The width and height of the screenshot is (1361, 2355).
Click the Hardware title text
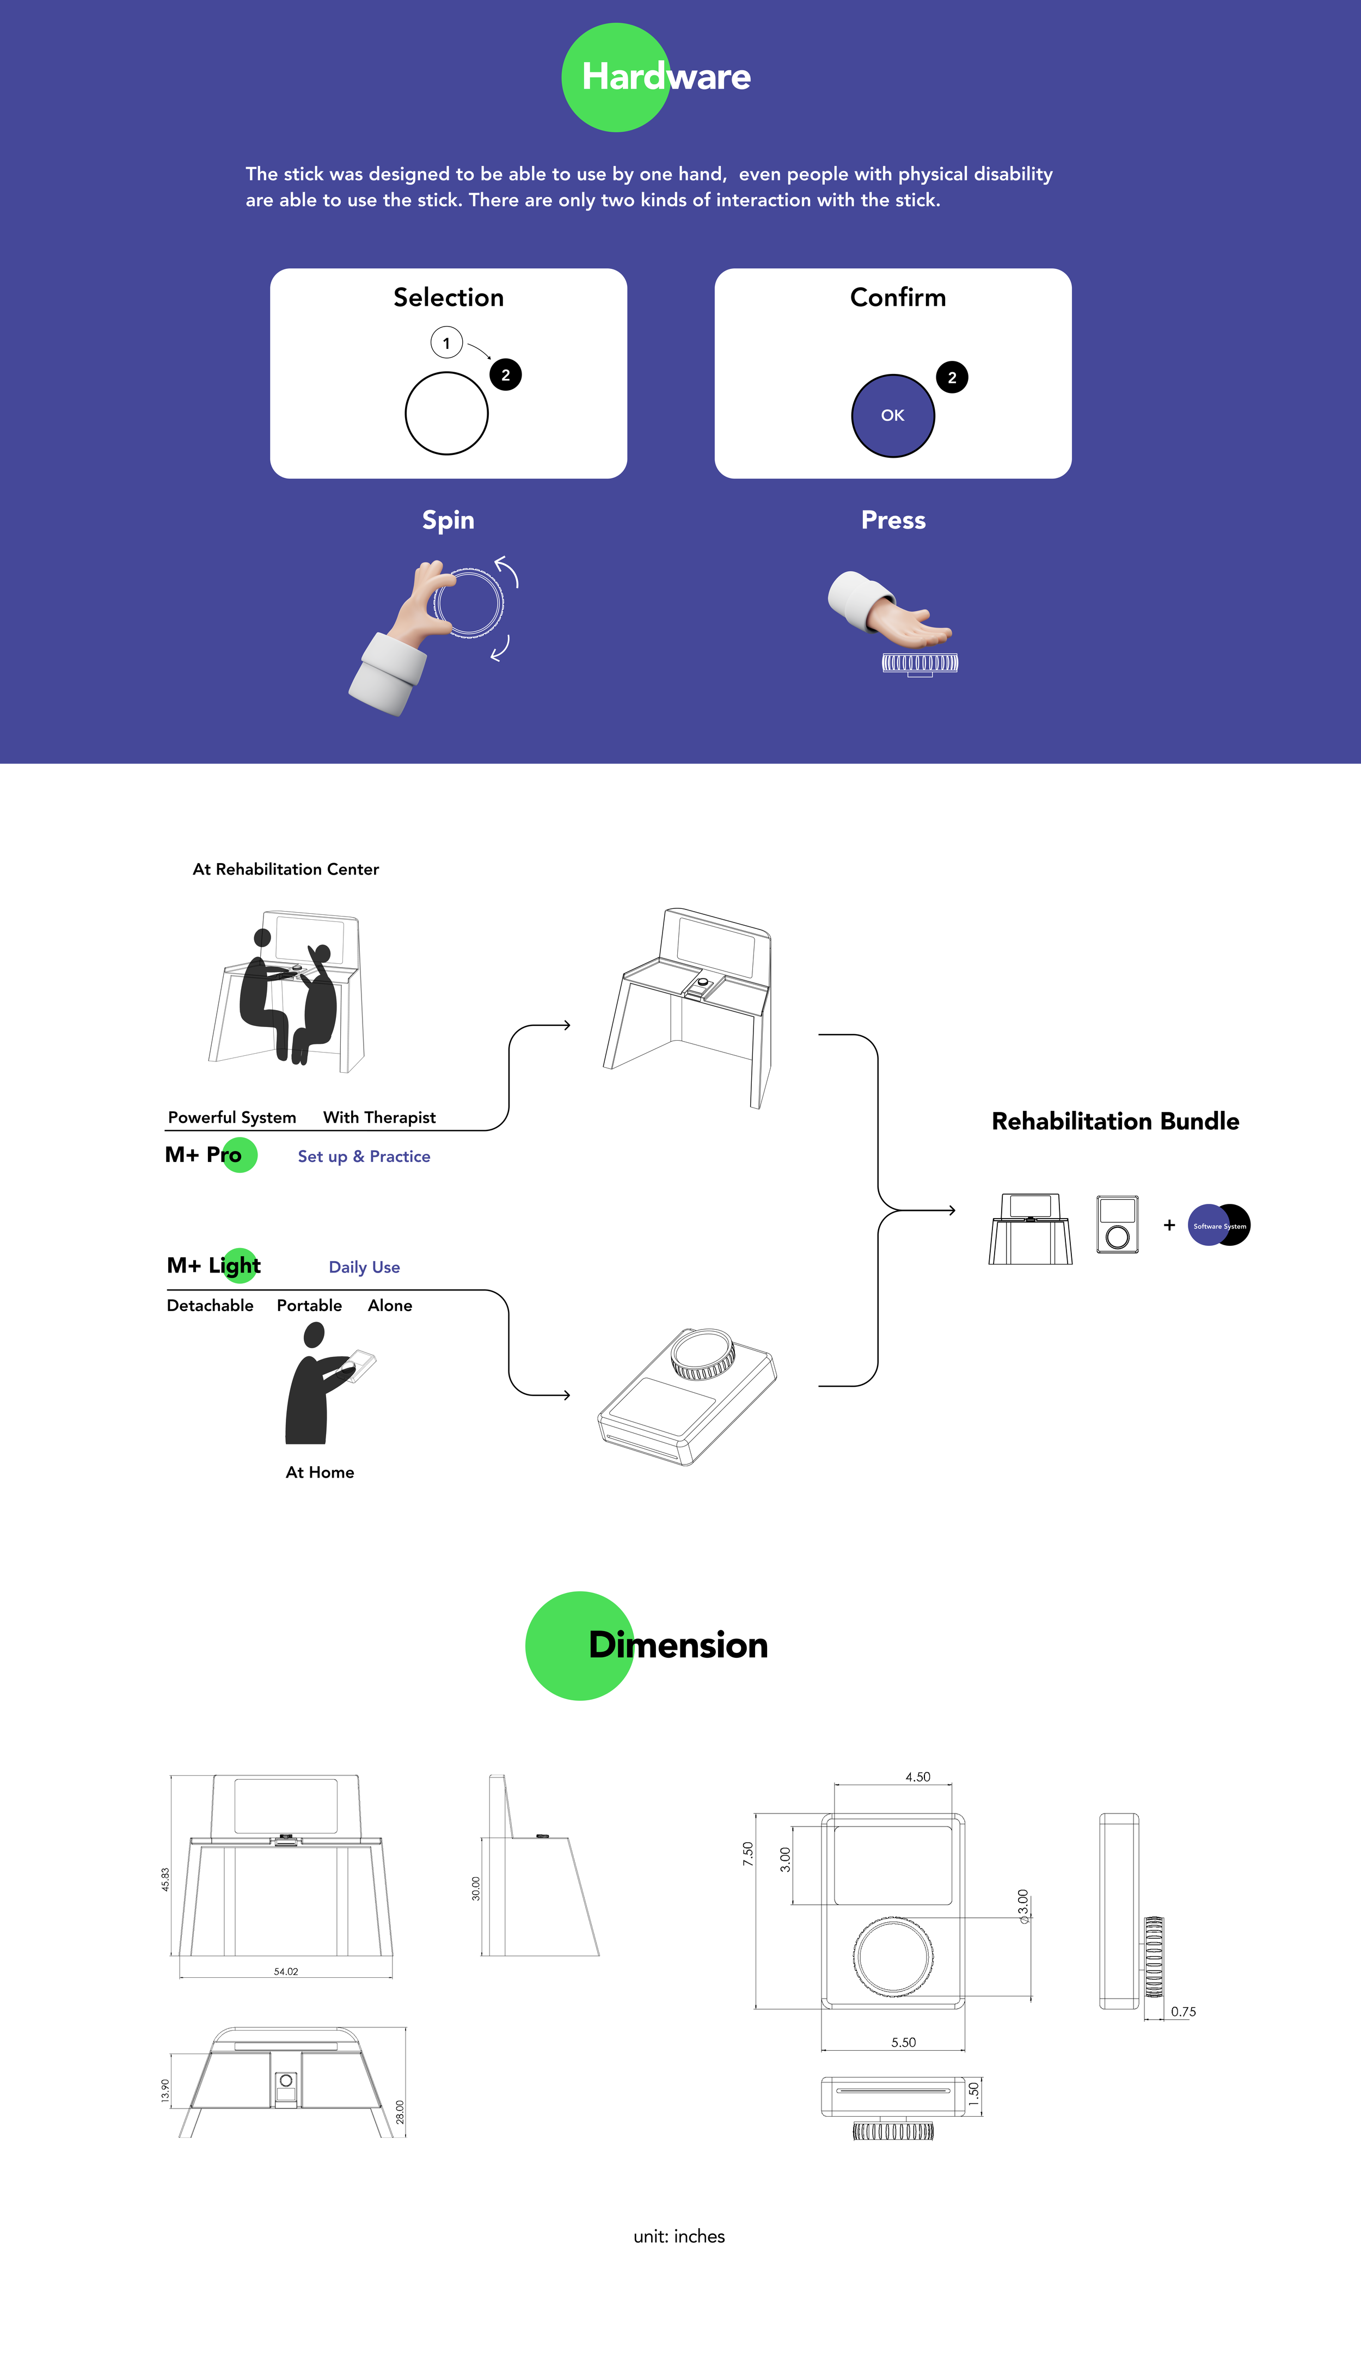coord(666,77)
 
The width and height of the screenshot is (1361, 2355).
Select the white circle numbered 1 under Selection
coord(446,343)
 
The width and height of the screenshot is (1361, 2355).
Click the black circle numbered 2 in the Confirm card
coord(952,378)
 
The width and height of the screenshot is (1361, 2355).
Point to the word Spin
coord(447,520)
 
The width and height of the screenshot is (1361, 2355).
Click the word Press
coord(893,520)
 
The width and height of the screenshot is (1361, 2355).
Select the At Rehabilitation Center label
coord(285,869)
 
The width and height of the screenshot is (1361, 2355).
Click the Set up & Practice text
coord(364,1156)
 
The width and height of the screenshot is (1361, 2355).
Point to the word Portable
coord(309,1306)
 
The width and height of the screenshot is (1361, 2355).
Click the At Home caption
coord(320,1472)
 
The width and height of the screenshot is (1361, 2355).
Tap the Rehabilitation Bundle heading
coord(1115,1121)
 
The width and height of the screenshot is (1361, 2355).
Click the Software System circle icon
coord(1218,1225)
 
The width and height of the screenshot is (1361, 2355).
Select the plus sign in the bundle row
coord(1168,1225)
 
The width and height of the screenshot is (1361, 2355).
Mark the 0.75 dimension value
coord(1182,2011)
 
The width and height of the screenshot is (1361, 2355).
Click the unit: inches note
coord(679,2236)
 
